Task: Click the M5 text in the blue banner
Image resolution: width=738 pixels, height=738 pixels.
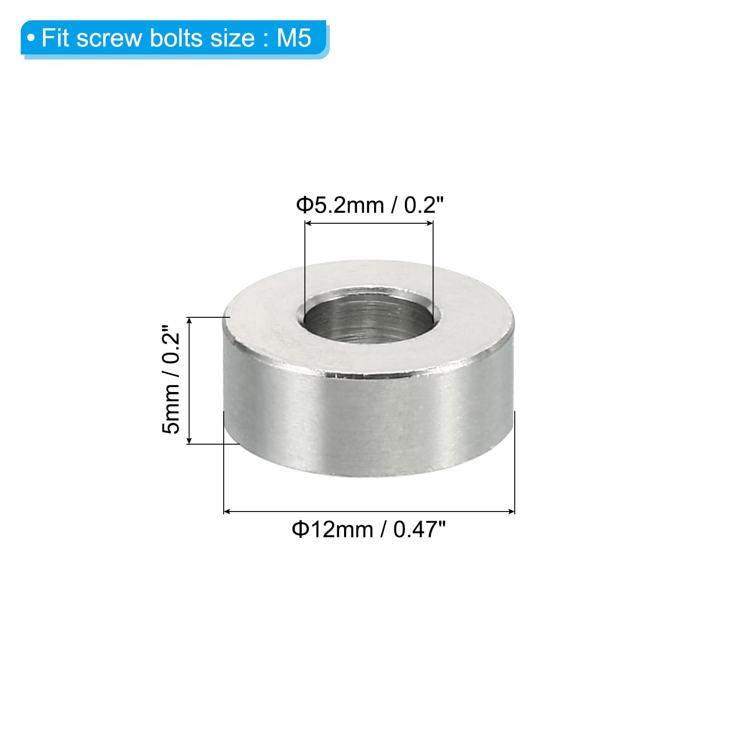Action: [x=294, y=38]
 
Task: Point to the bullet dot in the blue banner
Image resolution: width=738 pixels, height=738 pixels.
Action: [x=31, y=38]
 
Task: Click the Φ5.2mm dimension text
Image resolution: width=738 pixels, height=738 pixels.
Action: [x=340, y=205]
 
